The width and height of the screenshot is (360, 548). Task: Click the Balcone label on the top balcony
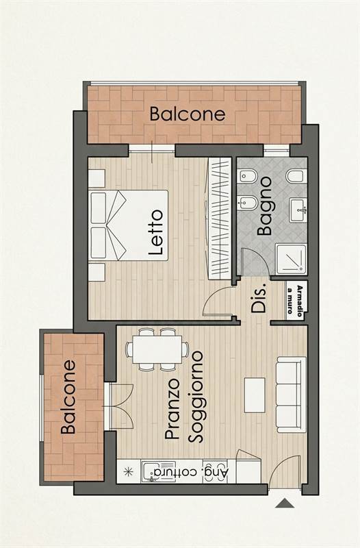(x=188, y=114)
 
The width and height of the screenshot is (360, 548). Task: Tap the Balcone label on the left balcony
(x=68, y=397)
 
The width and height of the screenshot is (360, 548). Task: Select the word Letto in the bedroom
(x=156, y=232)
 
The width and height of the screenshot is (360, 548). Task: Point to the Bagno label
(x=264, y=206)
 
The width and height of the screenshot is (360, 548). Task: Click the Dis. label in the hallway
(x=259, y=297)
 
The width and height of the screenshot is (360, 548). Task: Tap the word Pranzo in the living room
(x=172, y=409)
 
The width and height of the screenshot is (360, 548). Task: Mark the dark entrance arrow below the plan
(x=285, y=503)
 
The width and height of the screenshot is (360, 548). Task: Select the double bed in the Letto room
(x=129, y=225)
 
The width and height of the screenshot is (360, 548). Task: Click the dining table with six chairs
(x=157, y=349)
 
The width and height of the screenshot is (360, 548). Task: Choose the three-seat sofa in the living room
(x=291, y=395)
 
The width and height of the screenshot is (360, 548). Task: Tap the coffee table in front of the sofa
(x=255, y=395)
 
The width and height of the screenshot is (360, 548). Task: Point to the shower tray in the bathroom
(x=291, y=260)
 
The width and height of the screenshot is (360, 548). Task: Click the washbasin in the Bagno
(x=298, y=210)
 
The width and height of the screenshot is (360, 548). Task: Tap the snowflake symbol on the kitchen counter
(x=129, y=472)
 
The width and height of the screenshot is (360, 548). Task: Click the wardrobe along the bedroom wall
(x=220, y=219)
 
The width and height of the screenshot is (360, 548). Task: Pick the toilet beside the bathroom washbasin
(x=296, y=176)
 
